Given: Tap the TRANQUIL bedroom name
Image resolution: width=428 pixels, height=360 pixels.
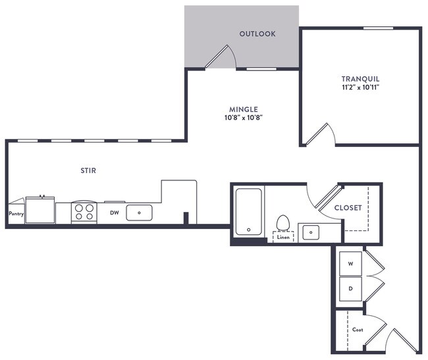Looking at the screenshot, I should tap(360, 78).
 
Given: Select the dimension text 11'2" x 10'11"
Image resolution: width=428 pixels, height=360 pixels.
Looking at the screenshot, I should tap(360, 87).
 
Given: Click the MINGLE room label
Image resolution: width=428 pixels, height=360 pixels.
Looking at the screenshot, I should tap(244, 109).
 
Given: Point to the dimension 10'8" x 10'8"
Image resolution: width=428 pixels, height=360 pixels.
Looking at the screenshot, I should tap(244, 118).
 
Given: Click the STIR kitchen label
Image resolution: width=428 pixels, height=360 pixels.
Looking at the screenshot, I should tap(88, 170).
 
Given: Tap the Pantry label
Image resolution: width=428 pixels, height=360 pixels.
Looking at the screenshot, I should tap(16, 214).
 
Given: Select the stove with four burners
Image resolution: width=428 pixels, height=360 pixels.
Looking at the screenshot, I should tap(84, 212).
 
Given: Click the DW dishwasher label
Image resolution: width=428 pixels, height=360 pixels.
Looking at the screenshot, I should tap(114, 213).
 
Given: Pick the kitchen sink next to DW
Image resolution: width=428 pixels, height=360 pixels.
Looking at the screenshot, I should tap(139, 213).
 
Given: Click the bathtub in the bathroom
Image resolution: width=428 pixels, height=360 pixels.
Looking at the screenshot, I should tap(249, 211).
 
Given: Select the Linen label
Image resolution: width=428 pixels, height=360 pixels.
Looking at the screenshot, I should tap(283, 237).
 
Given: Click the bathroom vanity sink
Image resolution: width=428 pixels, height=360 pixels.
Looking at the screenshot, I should tap(309, 232).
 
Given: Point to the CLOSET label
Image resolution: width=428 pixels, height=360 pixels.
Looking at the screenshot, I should tap(348, 207).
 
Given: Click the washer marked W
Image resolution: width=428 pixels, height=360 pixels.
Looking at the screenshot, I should tap(350, 263).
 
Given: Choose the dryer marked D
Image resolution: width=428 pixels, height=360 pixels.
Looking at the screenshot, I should tap(350, 288).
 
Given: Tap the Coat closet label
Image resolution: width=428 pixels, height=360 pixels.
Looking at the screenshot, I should tap(358, 329).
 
